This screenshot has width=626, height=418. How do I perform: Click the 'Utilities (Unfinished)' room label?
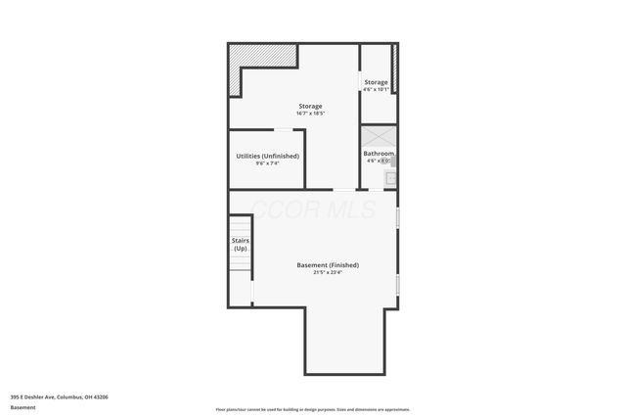point(267,156)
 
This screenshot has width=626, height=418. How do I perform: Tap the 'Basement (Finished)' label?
point(328,265)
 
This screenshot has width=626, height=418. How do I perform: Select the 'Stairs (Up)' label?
point(240,245)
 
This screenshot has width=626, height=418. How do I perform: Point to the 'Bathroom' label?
point(379,154)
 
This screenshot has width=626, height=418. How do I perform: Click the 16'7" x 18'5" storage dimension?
point(310,114)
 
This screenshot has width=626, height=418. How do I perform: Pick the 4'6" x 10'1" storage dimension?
point(377,90)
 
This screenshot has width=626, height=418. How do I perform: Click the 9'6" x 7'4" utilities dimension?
point(267,163)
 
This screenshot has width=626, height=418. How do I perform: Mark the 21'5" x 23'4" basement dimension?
point(328,273)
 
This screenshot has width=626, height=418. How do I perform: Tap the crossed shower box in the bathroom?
point(379,136)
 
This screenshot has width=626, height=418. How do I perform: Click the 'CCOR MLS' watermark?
point(313,208)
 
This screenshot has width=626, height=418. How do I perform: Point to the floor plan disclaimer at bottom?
point(312,409)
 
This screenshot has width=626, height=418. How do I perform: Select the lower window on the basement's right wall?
point(397,284)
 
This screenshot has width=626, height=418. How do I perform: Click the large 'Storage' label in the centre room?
point(310,106)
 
